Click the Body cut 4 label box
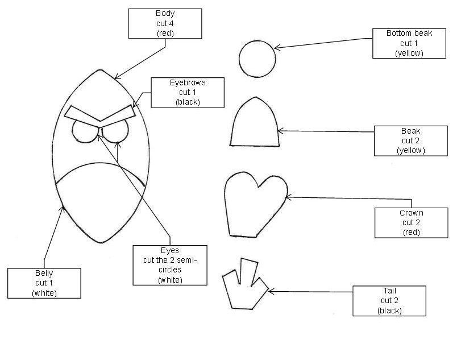tap(165, 23)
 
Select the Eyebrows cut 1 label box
tap(188, 93)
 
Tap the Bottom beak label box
tap(409, 43)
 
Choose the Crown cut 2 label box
tap(411, 222)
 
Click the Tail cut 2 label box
tap(389, 301)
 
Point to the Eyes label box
tap(169, 265)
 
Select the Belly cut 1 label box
tap(44, 283)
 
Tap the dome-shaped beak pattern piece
tap(255, 124)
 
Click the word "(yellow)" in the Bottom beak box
tap(409, 53)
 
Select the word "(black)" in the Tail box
tap(389, 311)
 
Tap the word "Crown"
tap(411, 213)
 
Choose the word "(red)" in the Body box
tap(165, 33)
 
